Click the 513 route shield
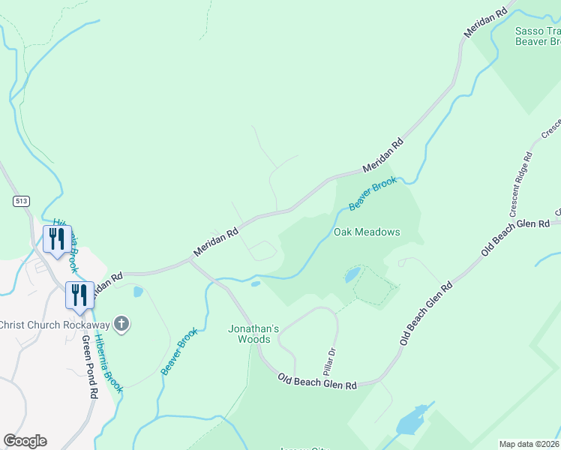(20, 201)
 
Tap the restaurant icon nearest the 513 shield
(56, 239)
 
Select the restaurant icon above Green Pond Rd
(79, 295)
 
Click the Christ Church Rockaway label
(55, 325)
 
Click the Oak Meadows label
(367, 232)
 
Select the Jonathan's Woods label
(253, 334)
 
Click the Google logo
(25, 441)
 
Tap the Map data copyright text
(529, 444)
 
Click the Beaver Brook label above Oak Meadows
(372, 193)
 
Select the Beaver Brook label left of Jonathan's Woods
(179, 351)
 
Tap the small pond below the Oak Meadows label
(352, 275)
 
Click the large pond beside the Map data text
(412, 421)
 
